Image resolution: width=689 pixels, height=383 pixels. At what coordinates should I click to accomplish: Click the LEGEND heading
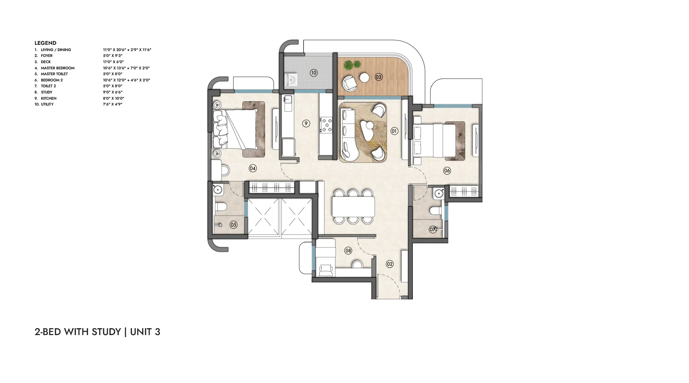point(45,43)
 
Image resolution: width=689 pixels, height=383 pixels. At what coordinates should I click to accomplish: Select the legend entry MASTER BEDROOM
point(58,68)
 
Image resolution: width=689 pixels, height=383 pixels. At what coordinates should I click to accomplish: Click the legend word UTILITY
point(47,104)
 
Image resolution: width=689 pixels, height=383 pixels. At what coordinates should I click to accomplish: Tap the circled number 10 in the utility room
point(313,73)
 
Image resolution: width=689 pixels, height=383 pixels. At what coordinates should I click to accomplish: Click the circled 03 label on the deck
point(379,77)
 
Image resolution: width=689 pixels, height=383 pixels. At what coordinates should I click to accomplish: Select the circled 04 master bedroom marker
point(253,168)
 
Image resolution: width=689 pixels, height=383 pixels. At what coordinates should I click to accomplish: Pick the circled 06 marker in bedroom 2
point(447,170)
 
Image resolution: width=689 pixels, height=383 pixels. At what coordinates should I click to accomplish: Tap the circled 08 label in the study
point(348,251)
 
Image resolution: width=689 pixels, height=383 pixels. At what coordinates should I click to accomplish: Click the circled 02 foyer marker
point(390,264)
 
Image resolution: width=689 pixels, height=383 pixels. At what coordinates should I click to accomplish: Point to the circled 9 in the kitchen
point(306,123)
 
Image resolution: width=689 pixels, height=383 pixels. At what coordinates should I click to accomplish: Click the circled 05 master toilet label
point(234,225)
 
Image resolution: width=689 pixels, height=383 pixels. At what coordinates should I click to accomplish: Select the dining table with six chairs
point(353,206)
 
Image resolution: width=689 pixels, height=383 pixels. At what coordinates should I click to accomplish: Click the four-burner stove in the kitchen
point(326,125)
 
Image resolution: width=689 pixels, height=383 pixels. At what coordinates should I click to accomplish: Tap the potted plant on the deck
point(352,64)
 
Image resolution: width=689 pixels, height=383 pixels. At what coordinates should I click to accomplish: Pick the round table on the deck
point(364,78)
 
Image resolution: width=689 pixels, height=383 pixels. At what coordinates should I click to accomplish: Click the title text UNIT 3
point(145,332)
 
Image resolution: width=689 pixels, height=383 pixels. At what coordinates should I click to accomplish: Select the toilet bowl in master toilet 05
point(221,206)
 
